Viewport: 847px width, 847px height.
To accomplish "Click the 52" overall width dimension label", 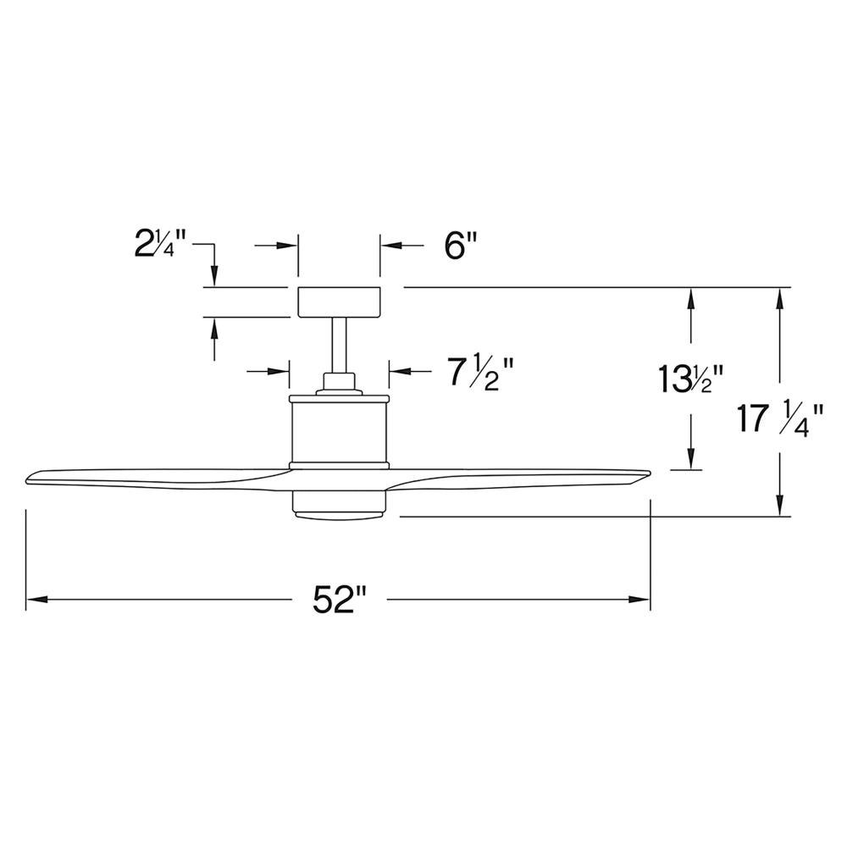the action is pyautogui.click(x=340, y=600).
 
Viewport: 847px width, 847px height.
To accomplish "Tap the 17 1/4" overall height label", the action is pyautogui.click(x=781, y=420).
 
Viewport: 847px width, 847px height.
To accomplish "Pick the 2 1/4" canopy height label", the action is pyautogui.click(x=160, y=244).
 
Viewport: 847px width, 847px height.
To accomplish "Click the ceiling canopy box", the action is pyautogui.click(x=340, y=302).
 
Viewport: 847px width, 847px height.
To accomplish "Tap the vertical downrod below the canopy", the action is pyautogui.click(x=340, y=346).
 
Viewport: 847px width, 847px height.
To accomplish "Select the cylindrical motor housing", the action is pyautogui.click(x=340, y=431).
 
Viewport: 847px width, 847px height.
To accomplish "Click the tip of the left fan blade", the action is pyautogui.click(x=27, y=480).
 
